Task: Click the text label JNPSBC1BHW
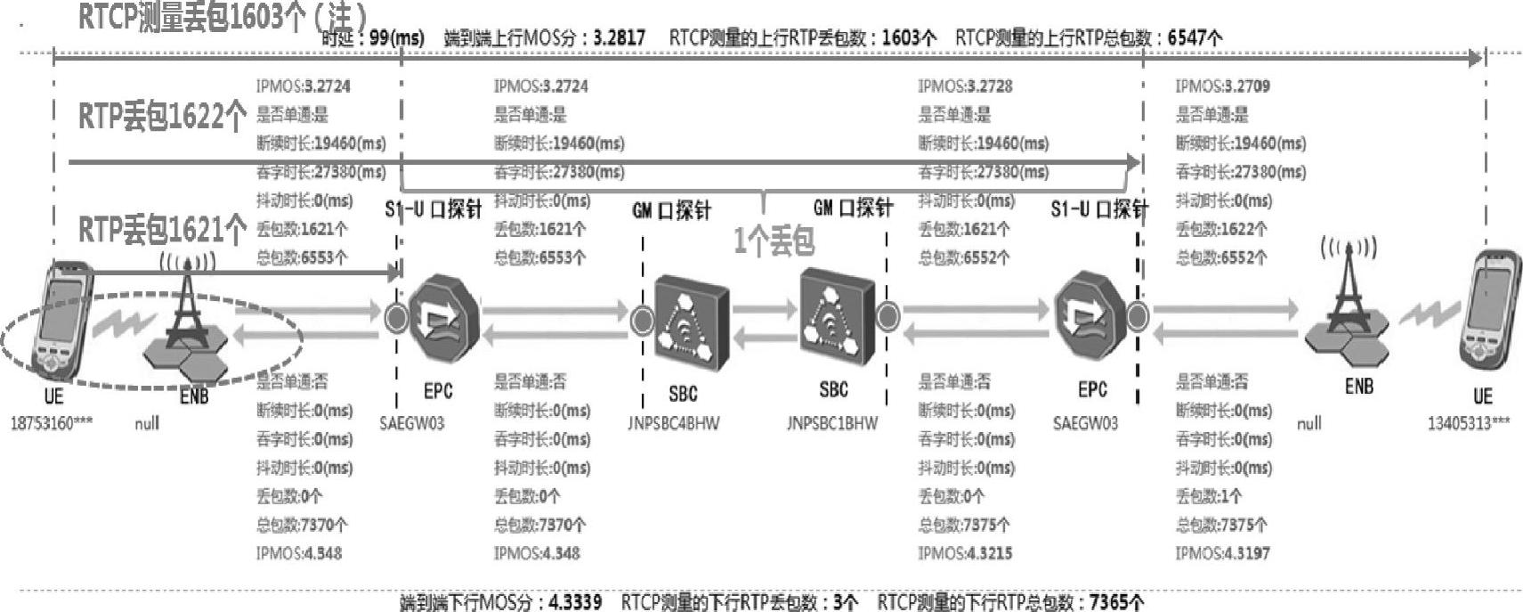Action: click(831, 423)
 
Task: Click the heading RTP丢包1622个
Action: click(162, 116)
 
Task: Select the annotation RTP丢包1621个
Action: click(162, 230)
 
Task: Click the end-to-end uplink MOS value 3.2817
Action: click(620, 38)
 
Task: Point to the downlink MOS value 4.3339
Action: click(575, 602)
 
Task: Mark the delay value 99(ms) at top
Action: click(396, 38)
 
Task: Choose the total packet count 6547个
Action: click(1195, 38)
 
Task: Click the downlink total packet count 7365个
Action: click(1116, 602)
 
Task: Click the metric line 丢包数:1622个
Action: click(1220, 229)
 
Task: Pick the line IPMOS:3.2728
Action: click(965, 86)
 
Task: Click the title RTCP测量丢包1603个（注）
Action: click(223, 15)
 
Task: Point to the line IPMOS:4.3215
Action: click(965, 553)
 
